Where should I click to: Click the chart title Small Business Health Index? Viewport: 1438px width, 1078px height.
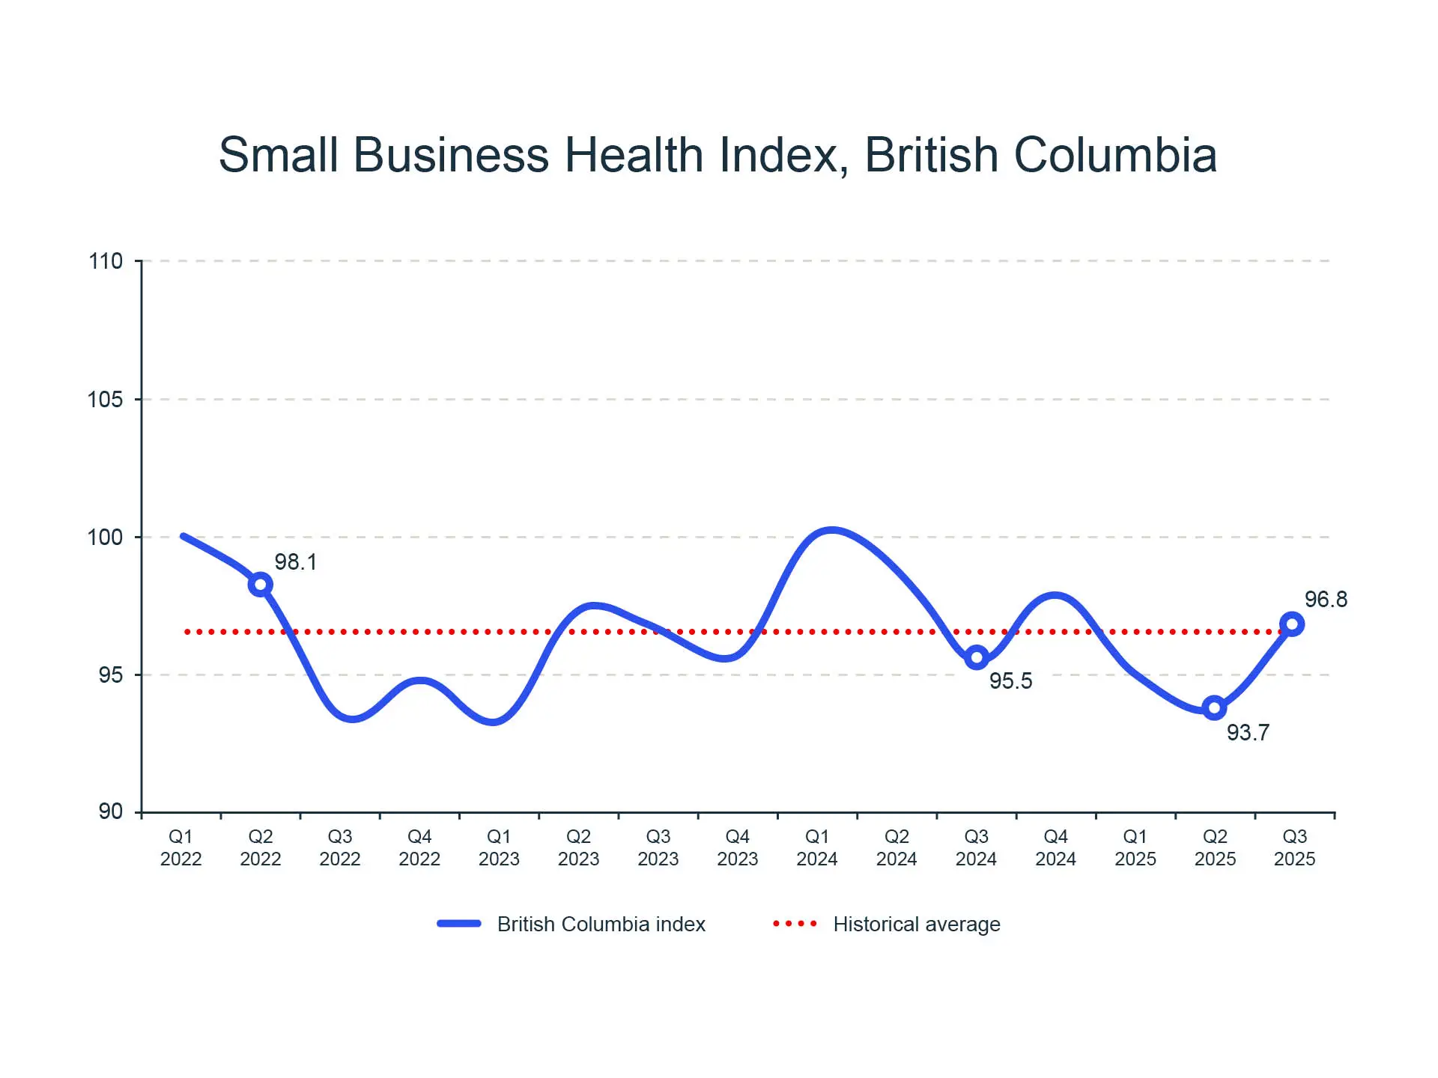point(718,155)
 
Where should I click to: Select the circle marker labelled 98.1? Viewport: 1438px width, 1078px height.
point(260,584)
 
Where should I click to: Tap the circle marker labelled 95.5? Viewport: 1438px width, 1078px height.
point(976,658)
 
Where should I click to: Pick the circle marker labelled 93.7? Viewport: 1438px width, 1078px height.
point(1214,707)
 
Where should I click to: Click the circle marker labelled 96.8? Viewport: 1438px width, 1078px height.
point(1292,624)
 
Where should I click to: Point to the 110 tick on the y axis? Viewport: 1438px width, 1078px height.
point(106,261)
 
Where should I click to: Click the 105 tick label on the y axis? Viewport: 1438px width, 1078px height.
point(106,399)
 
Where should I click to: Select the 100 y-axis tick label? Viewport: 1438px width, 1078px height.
point(106,537)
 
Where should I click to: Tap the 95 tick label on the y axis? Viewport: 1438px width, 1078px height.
point(110,674)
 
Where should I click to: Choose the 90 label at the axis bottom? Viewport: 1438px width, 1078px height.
point(110,811)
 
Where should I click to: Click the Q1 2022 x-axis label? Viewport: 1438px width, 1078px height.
point(180,847)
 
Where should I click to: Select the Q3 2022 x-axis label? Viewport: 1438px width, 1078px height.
point(340,847)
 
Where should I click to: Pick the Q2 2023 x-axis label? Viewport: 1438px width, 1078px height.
point(578,847)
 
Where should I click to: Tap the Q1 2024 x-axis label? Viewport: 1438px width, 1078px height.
point(817,847)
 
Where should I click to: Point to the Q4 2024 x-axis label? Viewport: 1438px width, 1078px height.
point(1055,847)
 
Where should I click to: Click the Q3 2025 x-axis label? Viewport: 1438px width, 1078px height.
point(1294,847)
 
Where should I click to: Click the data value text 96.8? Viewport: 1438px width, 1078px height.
point(1326,599)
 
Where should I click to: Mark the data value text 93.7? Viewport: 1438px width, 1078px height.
point(1248,732)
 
